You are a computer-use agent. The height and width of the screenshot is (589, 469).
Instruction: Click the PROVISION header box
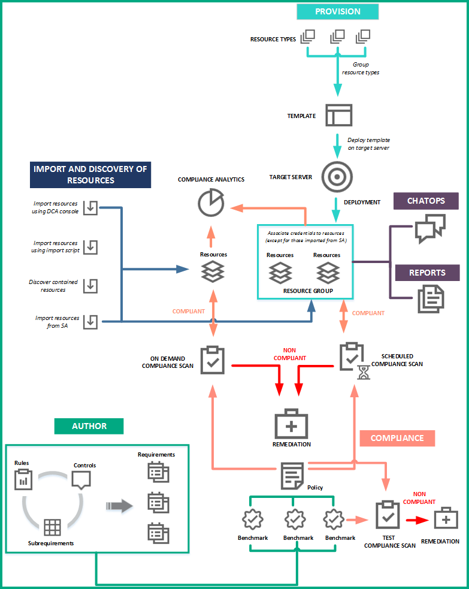[x=338, y=11]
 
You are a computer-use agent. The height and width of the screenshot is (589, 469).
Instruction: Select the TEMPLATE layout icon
[x=338, y=115]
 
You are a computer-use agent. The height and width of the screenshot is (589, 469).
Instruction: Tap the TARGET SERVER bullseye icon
[x=337, y=176]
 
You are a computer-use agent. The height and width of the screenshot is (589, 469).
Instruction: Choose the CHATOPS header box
[x=426, y=201]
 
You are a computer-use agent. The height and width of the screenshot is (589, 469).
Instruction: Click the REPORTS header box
[x=426, y=273]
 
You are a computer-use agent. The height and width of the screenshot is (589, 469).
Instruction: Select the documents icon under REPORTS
[x=430, y=298]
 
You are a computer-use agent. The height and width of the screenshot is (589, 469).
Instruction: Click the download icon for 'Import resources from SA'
[x=90, y=322]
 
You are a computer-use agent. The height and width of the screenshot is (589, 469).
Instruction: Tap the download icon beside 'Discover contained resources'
[x=90, y=285]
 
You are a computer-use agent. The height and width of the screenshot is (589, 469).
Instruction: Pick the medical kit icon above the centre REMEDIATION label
[x=291, y=425]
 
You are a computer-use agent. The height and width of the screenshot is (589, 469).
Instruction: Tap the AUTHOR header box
[x=89, y=426]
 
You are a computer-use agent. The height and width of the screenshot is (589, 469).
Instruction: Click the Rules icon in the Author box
[x=23, y=479]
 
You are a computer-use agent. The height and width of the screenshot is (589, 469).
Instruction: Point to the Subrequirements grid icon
[x=52, y=527]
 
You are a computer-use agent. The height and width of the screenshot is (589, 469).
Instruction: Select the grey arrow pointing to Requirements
[x=119, y=506]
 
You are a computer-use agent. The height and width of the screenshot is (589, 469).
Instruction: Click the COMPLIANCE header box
[x=397, y=438]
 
